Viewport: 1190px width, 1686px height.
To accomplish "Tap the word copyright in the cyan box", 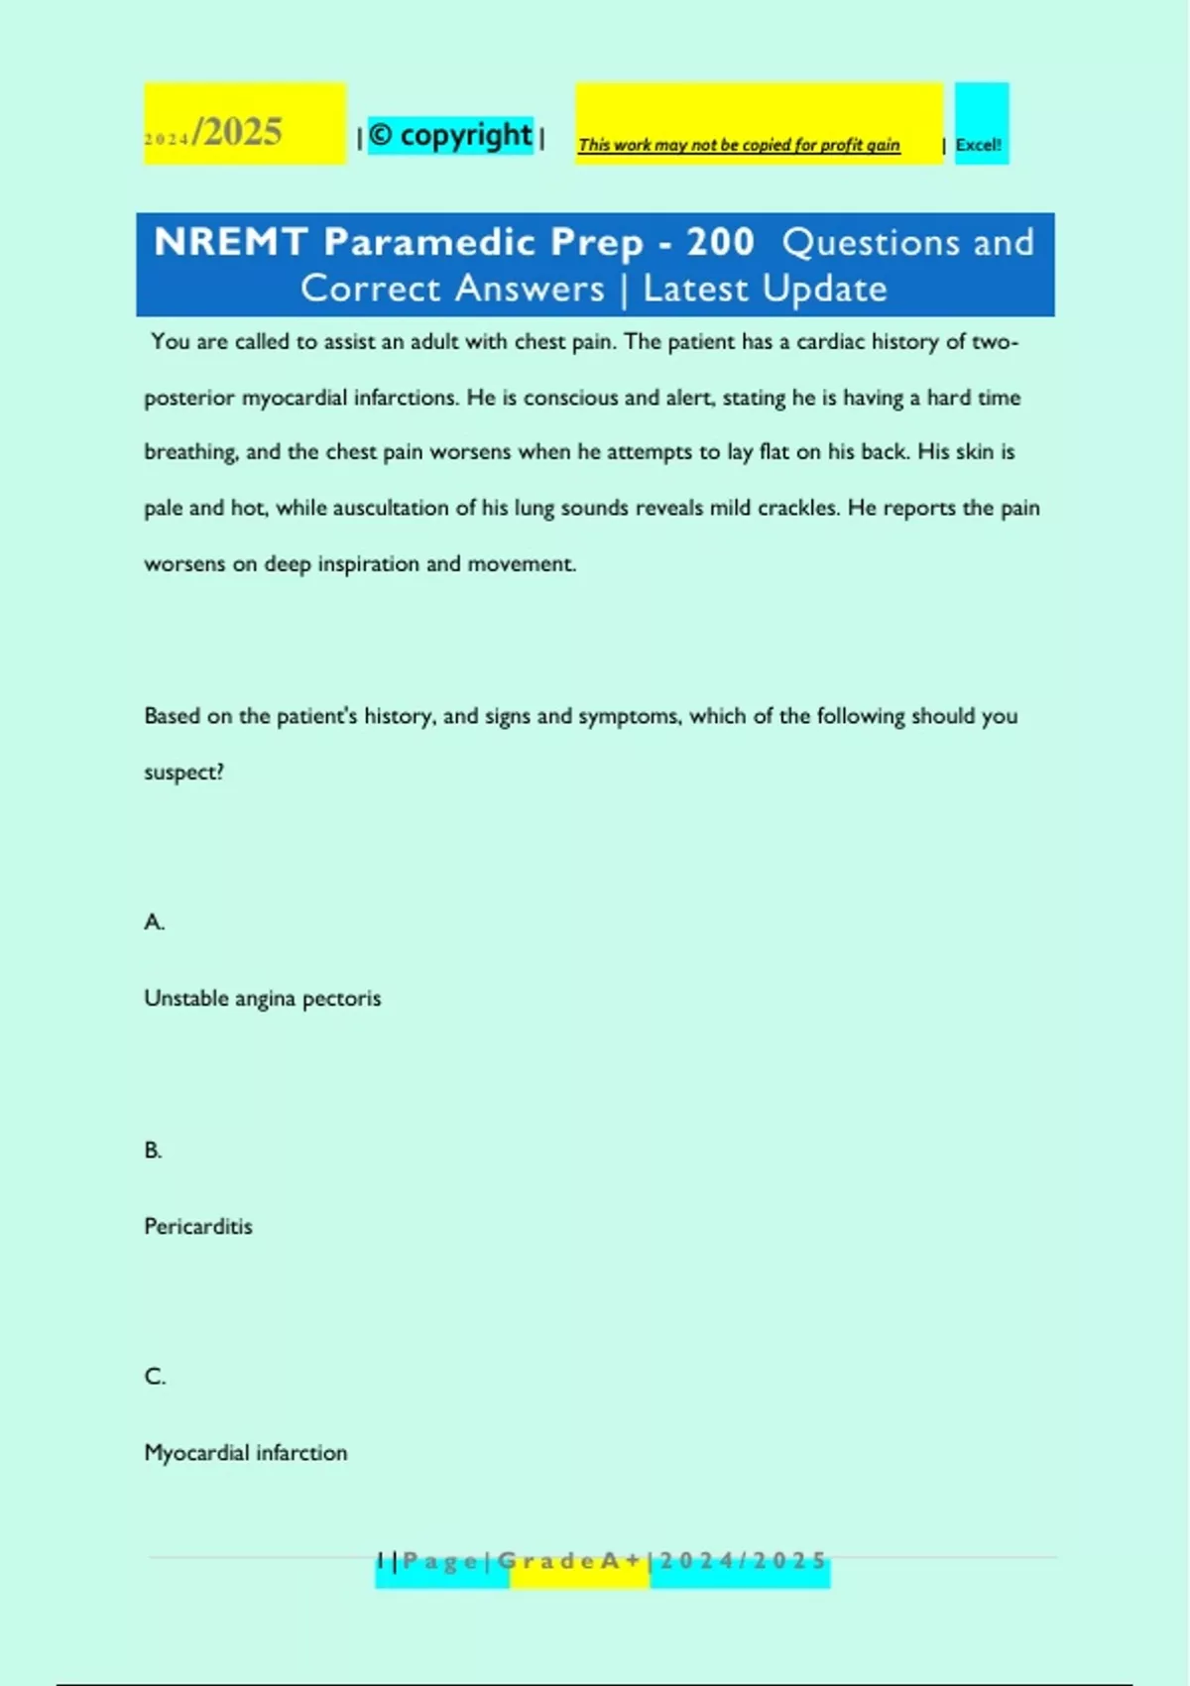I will click(x=465, y=135).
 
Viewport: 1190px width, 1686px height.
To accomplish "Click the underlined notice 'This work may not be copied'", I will click(x=739, y=145).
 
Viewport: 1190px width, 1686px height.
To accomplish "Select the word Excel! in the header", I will click(x=978, y=145).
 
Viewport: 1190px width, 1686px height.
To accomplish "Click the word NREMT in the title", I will click(x=230, y=242).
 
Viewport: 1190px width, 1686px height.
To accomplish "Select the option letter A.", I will click(x=154, y=922).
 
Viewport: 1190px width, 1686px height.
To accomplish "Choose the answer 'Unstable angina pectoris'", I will click(x=263, y=999).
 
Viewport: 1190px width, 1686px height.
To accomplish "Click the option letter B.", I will click(x=153, y=1150).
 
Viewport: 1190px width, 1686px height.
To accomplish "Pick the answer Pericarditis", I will click(x=198, y=1227).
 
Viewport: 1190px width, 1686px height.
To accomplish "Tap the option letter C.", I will click(x=155, y=1377).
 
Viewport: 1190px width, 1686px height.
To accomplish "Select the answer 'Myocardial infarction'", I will click(x=246, y=1453).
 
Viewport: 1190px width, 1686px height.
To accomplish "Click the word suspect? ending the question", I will click(x=183, y=772).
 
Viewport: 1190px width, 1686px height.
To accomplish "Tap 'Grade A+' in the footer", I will click(x=569, y=1561).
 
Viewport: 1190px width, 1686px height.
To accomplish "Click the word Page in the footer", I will click(x=440, y=1561).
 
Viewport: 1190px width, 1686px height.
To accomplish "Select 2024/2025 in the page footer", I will click(x=743, y=1561).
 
